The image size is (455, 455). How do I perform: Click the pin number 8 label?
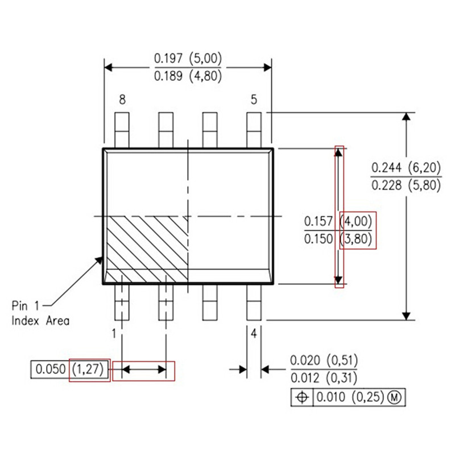coord(122,100)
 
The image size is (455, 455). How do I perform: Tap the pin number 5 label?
coord(254,100)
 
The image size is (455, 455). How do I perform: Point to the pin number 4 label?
coord(254,334)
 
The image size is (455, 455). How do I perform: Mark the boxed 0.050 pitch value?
coord(49,370)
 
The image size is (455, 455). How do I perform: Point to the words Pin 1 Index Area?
coord(41,313)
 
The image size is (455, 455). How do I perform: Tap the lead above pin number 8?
coord(122,130)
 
